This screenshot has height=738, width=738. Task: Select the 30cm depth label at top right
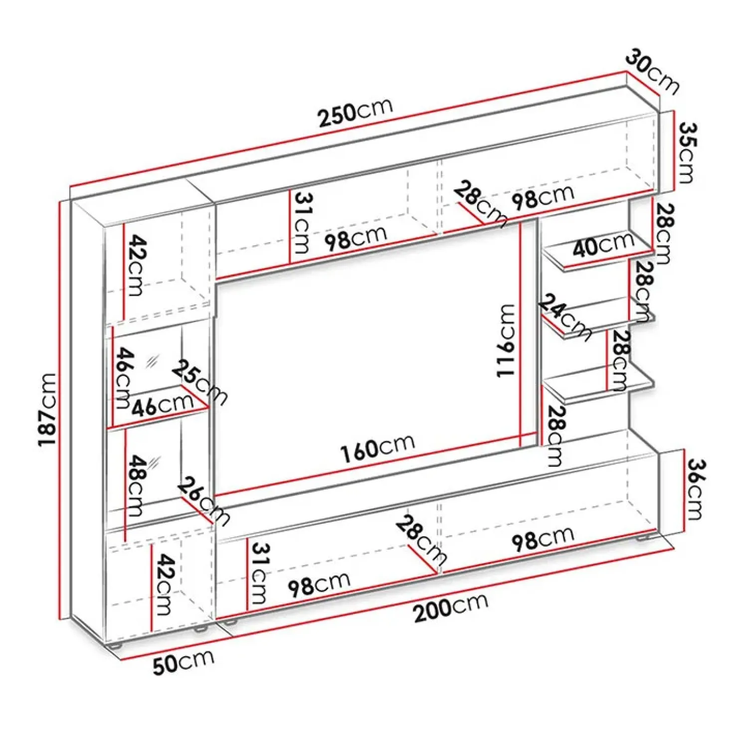653,71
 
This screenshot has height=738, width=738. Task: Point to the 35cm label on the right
687,153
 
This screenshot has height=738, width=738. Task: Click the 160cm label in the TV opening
377,447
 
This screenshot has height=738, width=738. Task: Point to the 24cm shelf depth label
565,317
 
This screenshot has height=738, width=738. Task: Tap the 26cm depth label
204,501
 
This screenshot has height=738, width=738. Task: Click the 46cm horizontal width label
163,405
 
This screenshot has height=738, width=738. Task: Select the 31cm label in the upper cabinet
301,222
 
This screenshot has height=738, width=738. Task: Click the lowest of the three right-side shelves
598,386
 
